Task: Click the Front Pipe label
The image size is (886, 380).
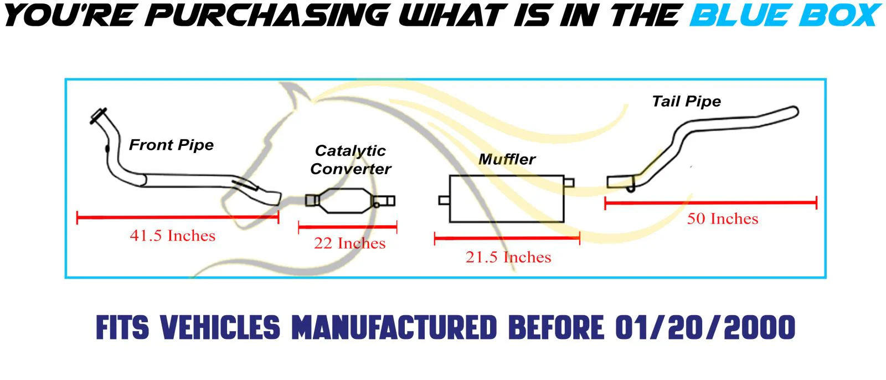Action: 171,145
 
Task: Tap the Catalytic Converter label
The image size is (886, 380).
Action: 351,160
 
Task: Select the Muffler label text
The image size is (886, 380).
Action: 507,160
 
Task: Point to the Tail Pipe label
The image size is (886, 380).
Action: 686,102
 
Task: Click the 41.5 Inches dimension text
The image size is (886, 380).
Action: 172,236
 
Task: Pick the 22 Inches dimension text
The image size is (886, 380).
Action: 349,244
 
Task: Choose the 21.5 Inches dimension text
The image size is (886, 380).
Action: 508,257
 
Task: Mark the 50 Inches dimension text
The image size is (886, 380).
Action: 722,219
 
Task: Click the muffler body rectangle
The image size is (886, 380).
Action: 506,199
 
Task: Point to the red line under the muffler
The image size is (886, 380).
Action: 507,239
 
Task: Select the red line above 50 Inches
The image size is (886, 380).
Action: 710,203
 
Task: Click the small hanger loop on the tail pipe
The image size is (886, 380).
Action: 630,189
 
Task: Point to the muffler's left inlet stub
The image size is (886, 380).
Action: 444,200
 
